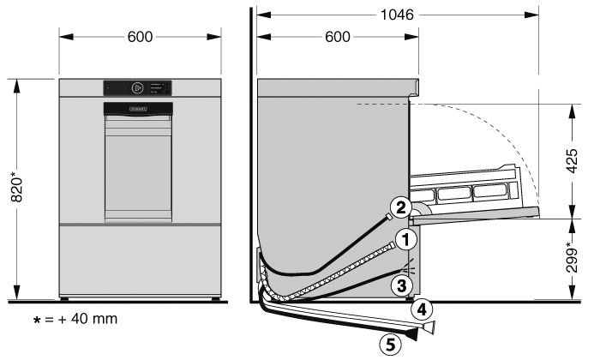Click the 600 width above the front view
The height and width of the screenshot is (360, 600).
[x=139, y=37]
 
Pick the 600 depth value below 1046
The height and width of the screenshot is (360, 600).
[x=338, y=37]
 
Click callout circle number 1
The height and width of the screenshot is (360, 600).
[x=406, y=237]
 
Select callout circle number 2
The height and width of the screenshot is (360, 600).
[x=399, y=206]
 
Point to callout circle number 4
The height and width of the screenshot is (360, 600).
[x=421, y=309]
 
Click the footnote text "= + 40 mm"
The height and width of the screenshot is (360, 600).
[x=79, y=319]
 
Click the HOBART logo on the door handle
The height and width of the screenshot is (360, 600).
[x=138, y=109]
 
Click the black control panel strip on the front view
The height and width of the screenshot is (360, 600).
[x=138, y=87]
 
